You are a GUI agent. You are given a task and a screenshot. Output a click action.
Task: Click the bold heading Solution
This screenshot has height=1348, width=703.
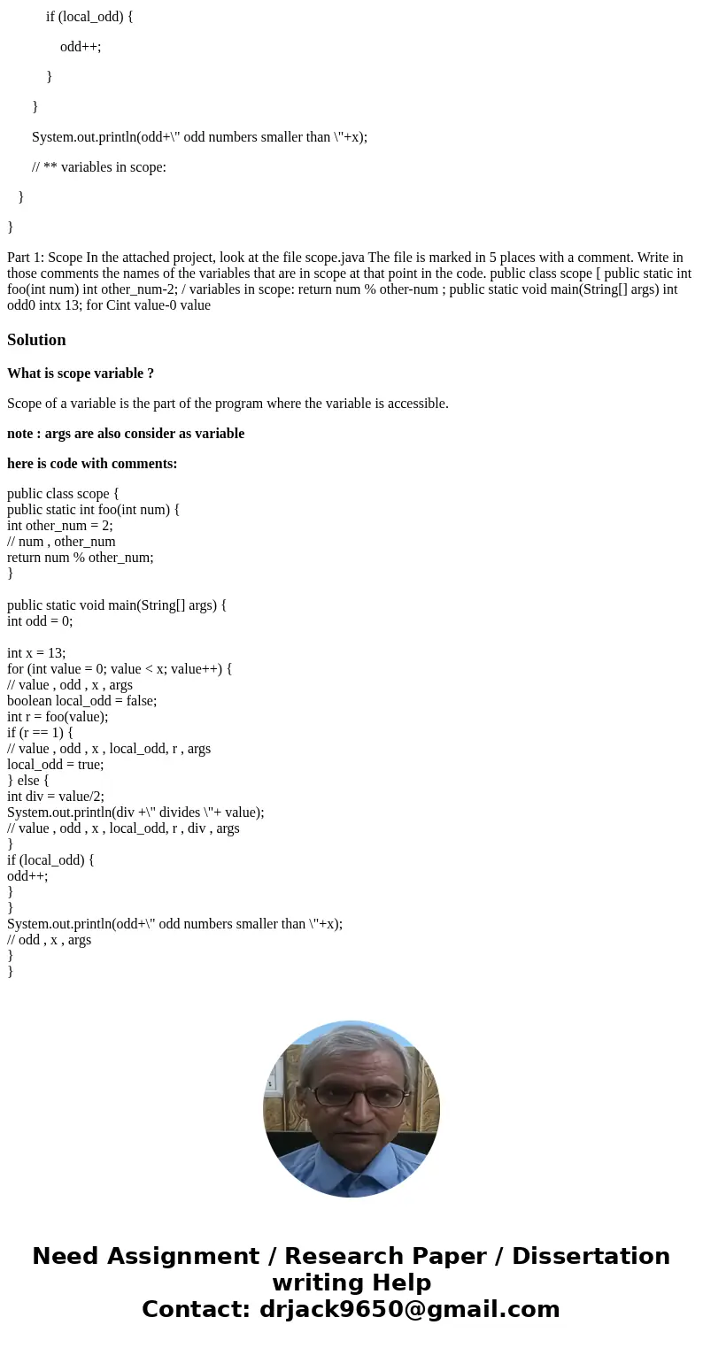coord(36,340)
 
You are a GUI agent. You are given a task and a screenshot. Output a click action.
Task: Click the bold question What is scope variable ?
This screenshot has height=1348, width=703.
coord(81,374)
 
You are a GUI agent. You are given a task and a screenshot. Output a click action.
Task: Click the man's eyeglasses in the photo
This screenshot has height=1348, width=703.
coord(352,1097)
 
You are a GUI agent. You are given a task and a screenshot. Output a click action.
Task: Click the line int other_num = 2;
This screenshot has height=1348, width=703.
coord(60,526)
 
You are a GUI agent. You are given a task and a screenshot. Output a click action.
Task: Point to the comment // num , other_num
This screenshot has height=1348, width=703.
coord(61,542)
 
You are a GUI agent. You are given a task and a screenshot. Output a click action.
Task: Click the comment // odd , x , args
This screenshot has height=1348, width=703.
coord(49,940)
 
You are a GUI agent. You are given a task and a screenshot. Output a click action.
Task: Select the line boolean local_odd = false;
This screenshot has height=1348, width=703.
coord(82,701)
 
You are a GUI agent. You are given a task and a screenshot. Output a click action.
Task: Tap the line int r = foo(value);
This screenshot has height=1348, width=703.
coord(58,717)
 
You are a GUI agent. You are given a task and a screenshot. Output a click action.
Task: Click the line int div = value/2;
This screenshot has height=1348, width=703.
coord(56,797)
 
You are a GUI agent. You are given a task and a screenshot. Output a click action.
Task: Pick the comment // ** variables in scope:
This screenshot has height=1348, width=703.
coord(99,166)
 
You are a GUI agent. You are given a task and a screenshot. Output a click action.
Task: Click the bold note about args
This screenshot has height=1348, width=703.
coord(126,434)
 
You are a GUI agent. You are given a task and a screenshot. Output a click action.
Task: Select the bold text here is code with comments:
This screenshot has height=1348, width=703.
coord(92,464)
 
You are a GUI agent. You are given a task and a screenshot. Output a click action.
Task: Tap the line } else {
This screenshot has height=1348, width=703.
coord(28,781)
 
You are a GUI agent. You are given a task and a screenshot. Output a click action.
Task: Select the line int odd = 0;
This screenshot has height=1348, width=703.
coord(40,621)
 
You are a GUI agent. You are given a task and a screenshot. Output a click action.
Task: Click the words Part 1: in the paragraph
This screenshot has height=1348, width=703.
coord(25,258)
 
